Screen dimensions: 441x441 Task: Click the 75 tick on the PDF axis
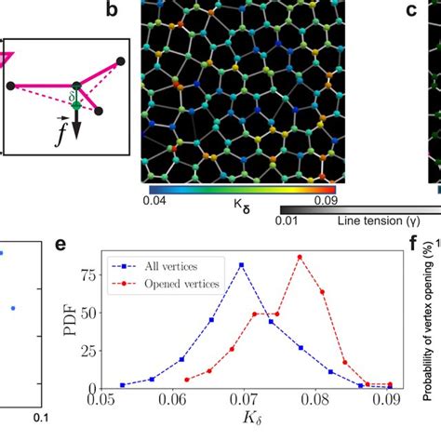[96, 275]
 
